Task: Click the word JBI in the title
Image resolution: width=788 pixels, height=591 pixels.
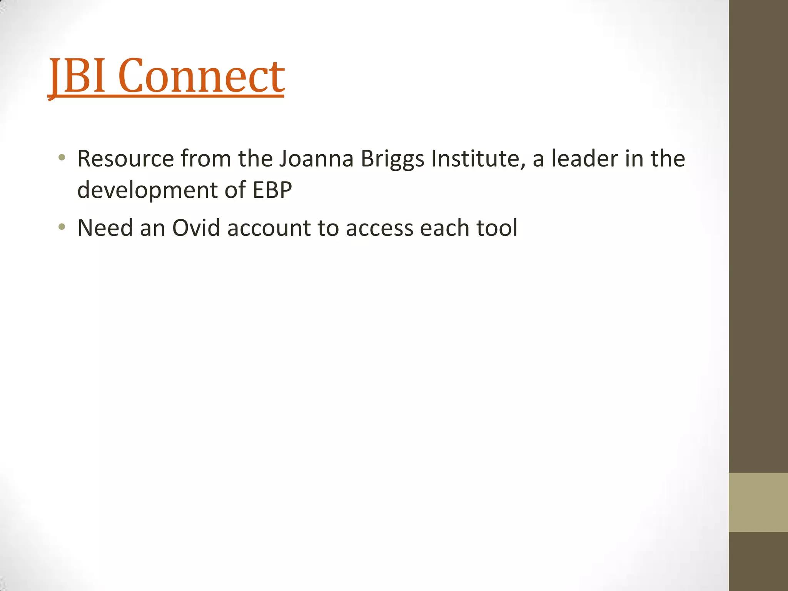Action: coord(77,76)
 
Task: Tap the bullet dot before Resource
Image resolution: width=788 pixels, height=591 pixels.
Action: coord(62,157)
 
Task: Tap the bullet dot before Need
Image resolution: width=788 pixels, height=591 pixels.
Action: coord(62,227)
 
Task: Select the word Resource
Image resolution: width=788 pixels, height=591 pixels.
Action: coord(125,159)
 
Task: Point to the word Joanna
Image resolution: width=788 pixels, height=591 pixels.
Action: coord(316,159)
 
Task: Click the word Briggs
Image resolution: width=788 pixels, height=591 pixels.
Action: coord(392,159)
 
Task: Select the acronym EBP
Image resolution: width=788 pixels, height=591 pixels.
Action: coord(272,190)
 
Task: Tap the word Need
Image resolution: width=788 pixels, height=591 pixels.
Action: coord(105,228)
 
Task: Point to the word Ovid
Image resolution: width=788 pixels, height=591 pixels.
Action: coord(196,228)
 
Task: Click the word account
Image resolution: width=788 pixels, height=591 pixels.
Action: coord(269,228)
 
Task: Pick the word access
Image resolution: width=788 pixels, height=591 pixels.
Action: coord(379,228)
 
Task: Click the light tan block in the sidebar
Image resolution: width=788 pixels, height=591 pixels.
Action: coord(758,502)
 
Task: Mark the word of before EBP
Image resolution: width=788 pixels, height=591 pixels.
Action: coord(235,190)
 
